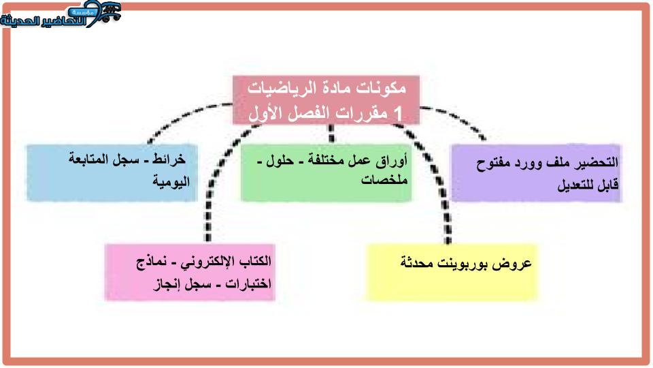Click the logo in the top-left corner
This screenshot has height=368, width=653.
click(x=61, y=14)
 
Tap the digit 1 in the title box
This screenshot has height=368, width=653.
click(x=398, y=112)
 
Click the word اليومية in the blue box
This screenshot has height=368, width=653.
click(x=171, y=181)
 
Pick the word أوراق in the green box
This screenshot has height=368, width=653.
click(x=391, y=161)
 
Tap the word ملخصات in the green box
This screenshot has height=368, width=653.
click(x=384, y=180)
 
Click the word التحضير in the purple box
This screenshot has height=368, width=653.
click(x=596, y=163)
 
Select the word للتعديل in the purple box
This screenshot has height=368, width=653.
click(x=576, y=184)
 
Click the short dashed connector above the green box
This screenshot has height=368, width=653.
click(x=331, y=134)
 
